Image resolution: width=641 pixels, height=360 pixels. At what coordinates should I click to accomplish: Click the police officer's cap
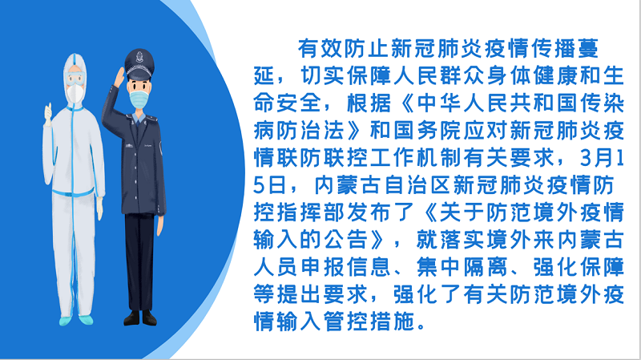[139, 64]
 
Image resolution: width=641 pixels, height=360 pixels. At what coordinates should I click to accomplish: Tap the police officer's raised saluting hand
[119, 78]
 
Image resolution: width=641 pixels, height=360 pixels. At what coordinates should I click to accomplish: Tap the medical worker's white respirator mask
[75, 93]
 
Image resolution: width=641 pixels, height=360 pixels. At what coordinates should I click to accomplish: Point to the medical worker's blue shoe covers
[76, 320]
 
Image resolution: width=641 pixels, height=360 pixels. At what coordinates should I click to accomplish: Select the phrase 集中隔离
[462, 267]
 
